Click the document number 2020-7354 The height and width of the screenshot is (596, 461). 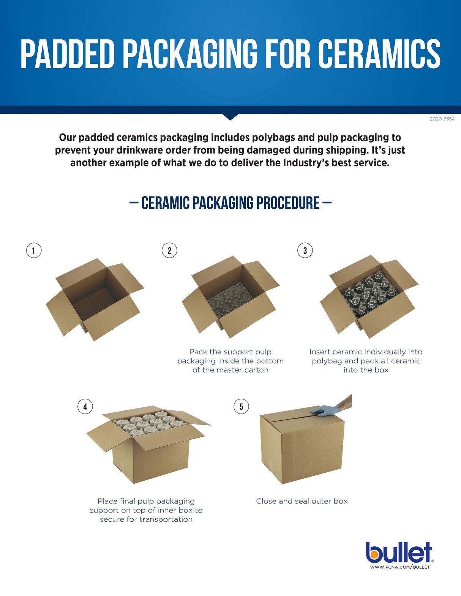[x=442, y=119]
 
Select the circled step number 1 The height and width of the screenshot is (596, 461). [x=34, y=250]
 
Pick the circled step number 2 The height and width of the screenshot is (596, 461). [x=169, y=250]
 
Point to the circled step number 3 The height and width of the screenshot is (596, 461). [x=305, y=250]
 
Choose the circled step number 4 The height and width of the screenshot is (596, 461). [x=85, y=406]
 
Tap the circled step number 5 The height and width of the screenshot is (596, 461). [x=241, y=406]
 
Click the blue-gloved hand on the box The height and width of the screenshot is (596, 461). [x=325, y=410]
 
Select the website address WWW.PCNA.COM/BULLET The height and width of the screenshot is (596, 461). [x=400, y=567]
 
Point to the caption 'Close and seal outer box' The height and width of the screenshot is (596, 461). [x=302, y=502]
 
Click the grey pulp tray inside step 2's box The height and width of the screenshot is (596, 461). [x=230, y=300]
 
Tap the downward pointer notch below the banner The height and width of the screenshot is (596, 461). [x=230, y=117]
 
